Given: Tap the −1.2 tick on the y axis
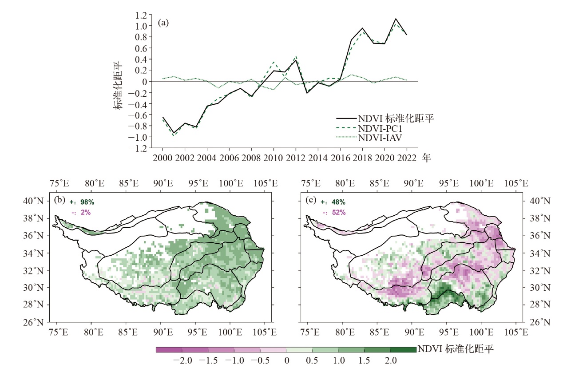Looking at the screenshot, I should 138,148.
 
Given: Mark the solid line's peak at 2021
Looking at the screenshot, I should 395,19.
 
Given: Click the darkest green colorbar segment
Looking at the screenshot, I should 403,350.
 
